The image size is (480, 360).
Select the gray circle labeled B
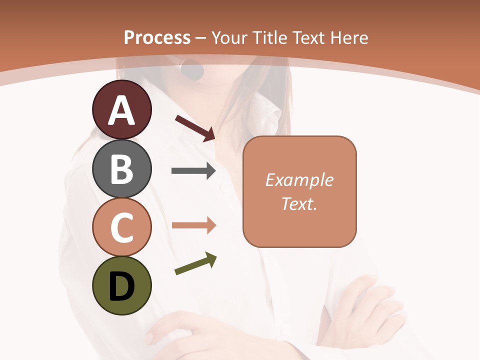pos(121,168)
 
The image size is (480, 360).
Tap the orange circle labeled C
pos(121,227)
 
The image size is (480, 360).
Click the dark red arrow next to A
pos(195,128)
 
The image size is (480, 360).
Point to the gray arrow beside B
pos(193,171)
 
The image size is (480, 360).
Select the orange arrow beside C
pos(193,225)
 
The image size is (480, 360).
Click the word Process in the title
pos(157,37)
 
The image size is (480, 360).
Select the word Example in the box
pos(299,180)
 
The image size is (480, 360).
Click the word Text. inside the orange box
pos(299,203)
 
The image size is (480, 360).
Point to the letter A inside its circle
pos(121,111)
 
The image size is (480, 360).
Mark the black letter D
pos(121,287)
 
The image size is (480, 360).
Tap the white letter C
pos(121,227)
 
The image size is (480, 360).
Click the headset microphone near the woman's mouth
pos(192,70)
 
